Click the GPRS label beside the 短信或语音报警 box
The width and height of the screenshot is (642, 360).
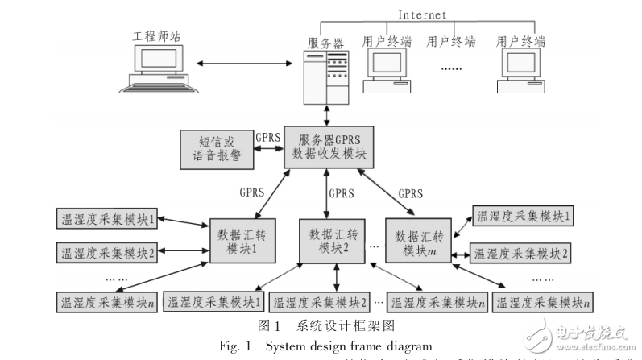[x=267, y=137]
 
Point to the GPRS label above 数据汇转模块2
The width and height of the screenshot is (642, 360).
[x=342, y=193]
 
